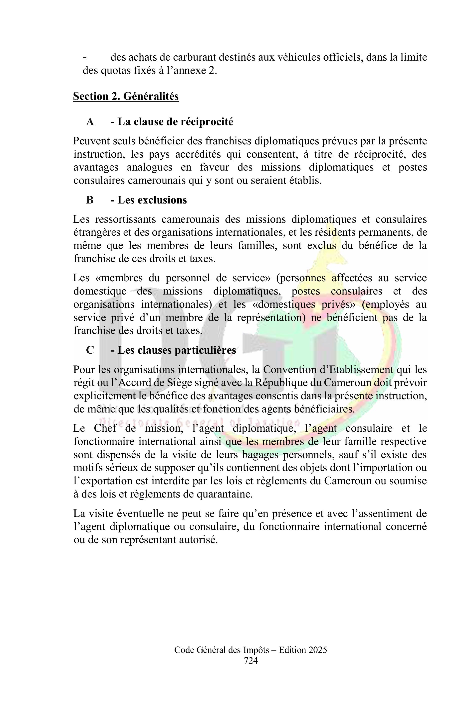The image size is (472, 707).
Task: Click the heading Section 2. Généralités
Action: pos(126,97)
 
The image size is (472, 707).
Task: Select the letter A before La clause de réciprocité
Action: pos(90,122)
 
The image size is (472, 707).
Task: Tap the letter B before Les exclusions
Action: pos(90,200)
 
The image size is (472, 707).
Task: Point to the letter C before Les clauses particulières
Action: pos(90,350)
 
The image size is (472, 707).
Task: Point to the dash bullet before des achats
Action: pos(85,57)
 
